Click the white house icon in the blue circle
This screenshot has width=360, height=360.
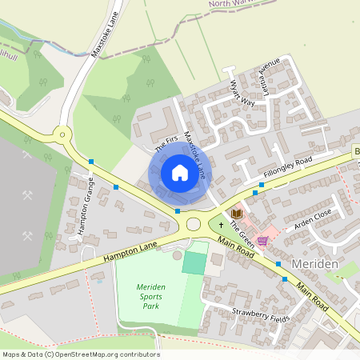(x=179, y=172)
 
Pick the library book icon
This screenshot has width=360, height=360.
(x=236, y=214)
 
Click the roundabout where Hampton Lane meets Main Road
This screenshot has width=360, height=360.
(x=193, y=224)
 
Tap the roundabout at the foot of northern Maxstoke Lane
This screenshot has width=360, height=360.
(x=62, y=134)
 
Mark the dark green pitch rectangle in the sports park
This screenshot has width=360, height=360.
(x=194, y=262)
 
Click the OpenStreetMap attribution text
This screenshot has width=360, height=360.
(x=80, y=354)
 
